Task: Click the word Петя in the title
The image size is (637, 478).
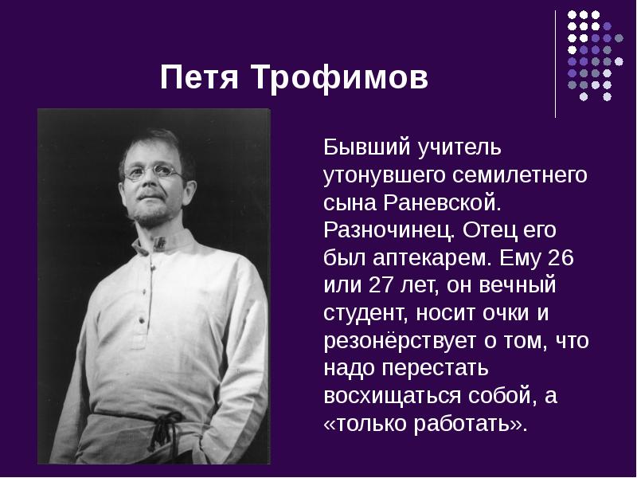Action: click(x=198, y=80)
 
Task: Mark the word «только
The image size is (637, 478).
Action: click(x=366, y=423)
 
